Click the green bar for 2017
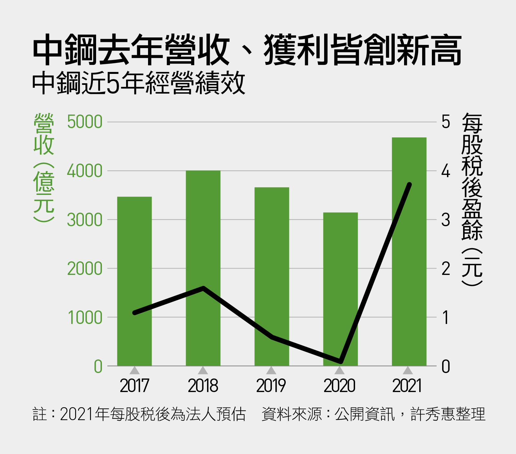pyautogui.click(x=134, y=281)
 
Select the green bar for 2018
pyautogui.click(x=203, y=268)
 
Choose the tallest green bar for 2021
pyautogui.click(x=409, y=252)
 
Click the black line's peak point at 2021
pyautogui.click(x=409, y=185)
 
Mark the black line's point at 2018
pyautogui.click(x=203, y=288)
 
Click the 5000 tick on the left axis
pyautogui.click(x=84, y=122)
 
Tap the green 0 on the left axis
pyautogui.click(x=98, y=367)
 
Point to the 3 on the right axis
pyautogui.click(x=446, y=220)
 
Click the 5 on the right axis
pyautogui.click(x=446, y=122)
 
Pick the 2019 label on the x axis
pyautogui.click(x=271, y=386)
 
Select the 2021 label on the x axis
pyautogui.click(x=407, y=386)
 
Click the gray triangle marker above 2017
pyautogui.click(x=134, y=370)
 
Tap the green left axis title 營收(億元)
pyautogui.click(x=44, y=167)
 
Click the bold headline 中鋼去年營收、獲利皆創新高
pyautogui.click(x=247, y=50)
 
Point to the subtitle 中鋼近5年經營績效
pyautogui.click(x=139, y=83)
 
